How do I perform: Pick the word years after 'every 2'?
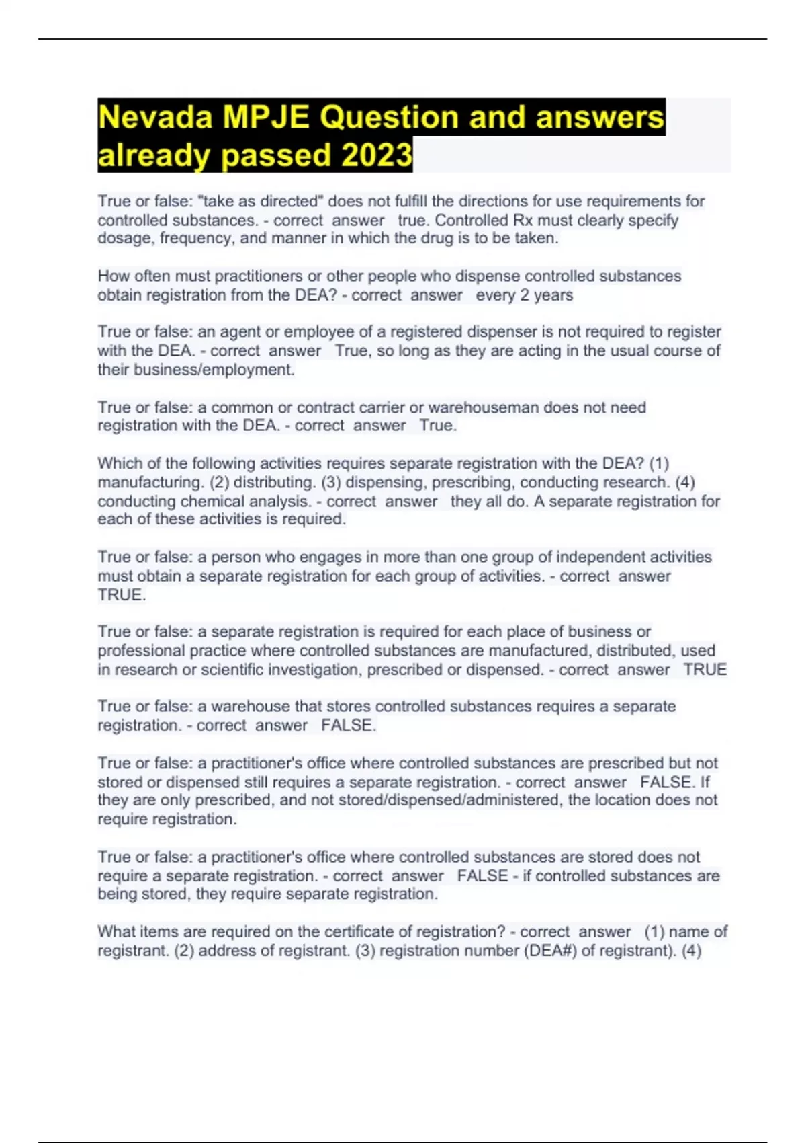pos(553,295)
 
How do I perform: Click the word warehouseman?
pos(484,407)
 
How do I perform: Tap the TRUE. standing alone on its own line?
pos(122,595)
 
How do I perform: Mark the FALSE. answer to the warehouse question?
pos(348,725)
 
